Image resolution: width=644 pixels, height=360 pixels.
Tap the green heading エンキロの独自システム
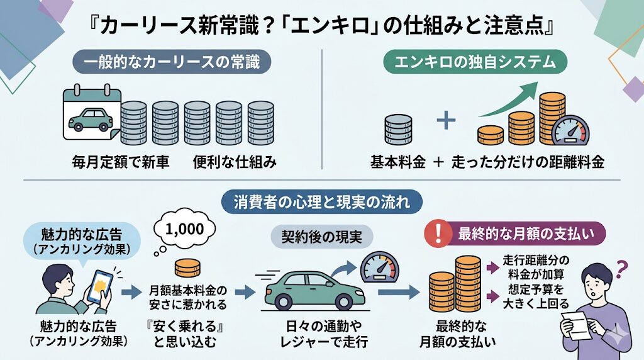475,64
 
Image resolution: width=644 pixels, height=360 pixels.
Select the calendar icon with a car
91,113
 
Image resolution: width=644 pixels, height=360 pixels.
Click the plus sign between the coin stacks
446,120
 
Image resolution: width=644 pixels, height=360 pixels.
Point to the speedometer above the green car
377,267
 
